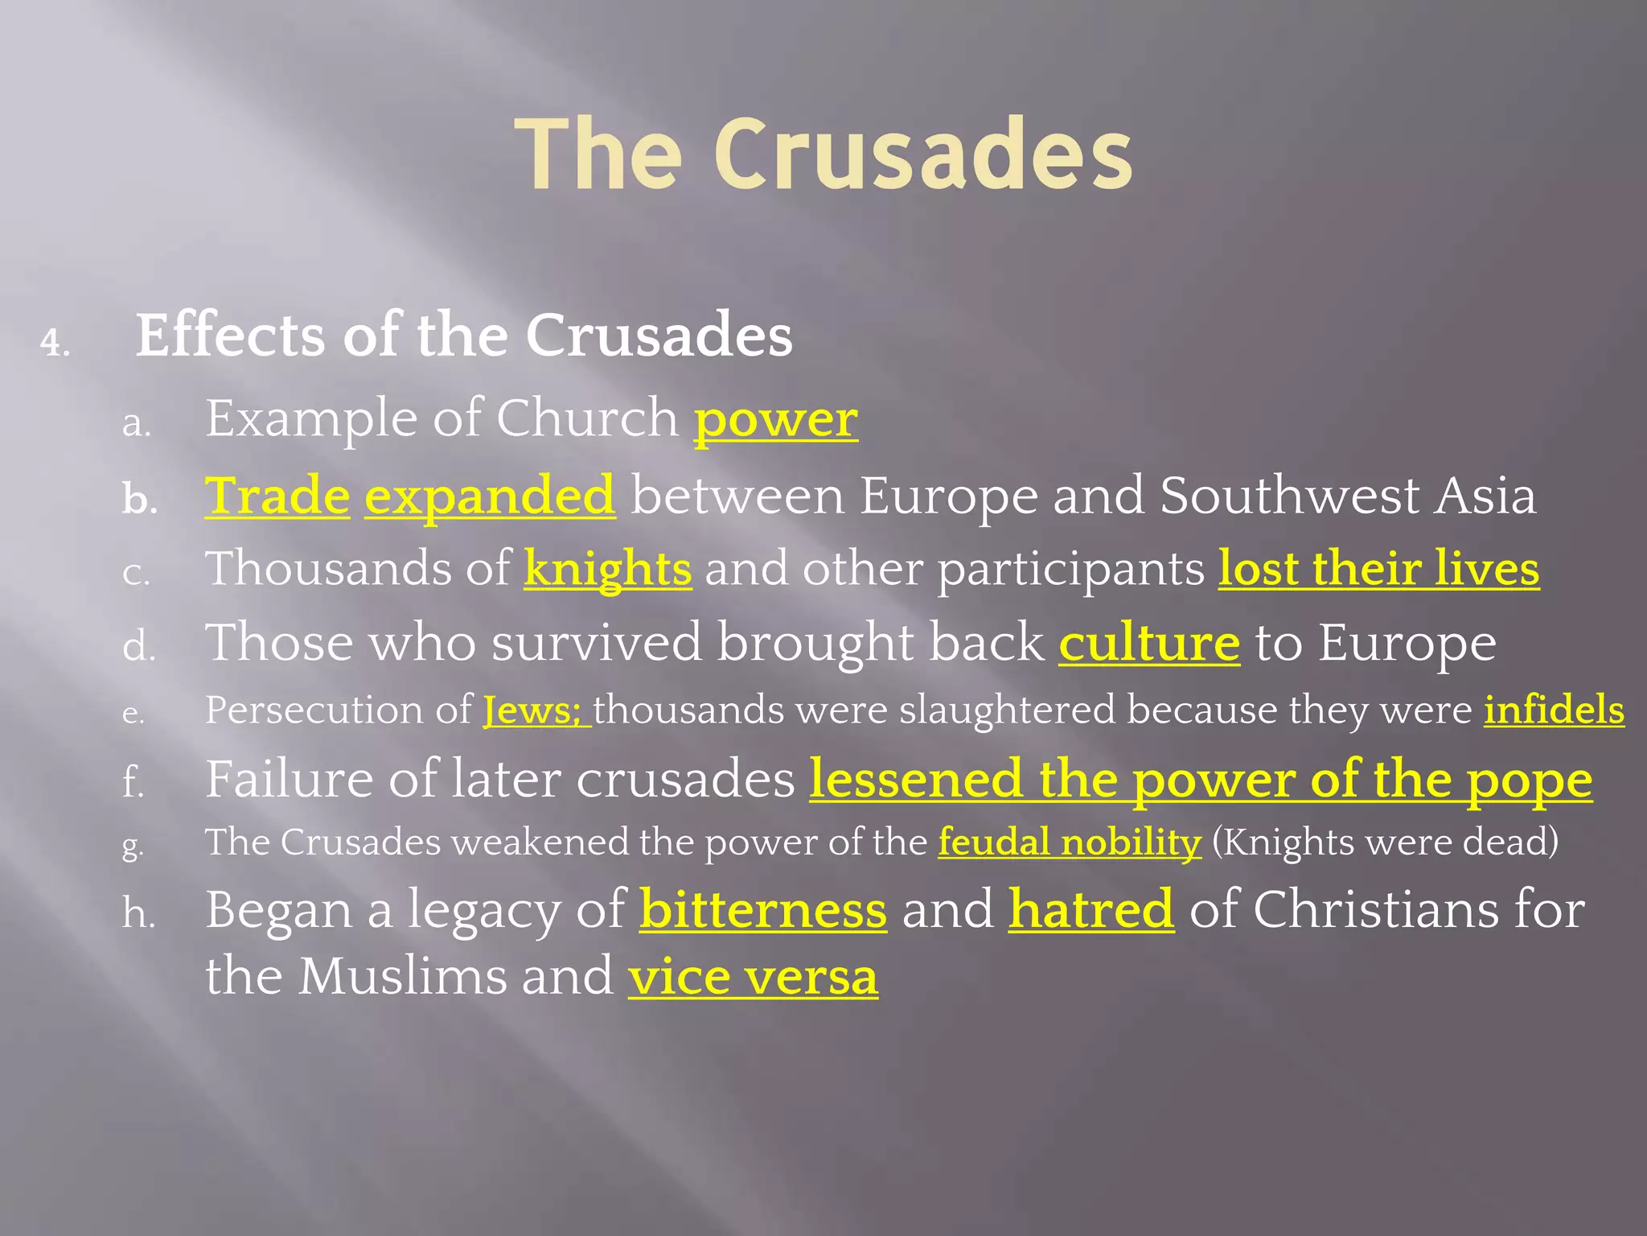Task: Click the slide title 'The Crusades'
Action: tap(823, 154)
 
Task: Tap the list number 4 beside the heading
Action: tap(55, 344)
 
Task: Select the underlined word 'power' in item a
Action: tap(776, 420)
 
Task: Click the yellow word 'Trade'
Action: tap(277, 496)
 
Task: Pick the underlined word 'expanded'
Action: tap(490, 496)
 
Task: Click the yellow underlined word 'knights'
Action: tap(607, 569)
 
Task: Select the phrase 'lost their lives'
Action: tap(1378, 569)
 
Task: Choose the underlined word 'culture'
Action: tap(1149, 644)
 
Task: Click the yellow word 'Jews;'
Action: tap(533, 711)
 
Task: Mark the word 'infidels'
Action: tap(1554, 711)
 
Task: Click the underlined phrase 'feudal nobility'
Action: tap(1070, 843)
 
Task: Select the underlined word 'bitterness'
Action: tap(763, 910)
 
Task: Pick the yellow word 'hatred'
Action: tap(1091, 910)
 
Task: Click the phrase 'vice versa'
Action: tap(753, 978)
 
